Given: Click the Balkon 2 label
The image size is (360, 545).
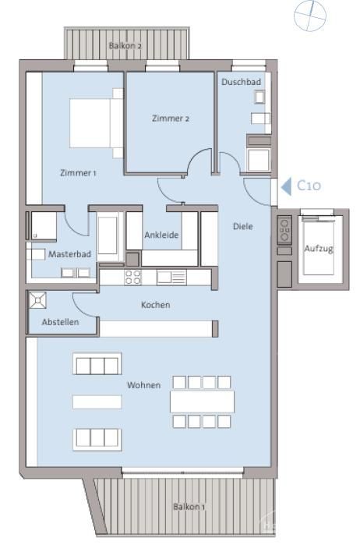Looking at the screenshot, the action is [x=125, y=45].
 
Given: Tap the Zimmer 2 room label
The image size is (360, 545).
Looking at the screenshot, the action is [x=171, y=119].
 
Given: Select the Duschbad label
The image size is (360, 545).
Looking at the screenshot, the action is [x=241, y=82].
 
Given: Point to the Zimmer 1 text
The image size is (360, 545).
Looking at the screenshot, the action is [x=78, y=173].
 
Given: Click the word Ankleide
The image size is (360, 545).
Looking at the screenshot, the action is [x=161, y=235].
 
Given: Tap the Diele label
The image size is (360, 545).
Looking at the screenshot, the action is [x=243, y=227].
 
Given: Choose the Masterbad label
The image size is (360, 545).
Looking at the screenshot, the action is [x=69, y=254].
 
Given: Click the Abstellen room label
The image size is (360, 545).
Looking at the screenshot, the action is [x=60, y=322].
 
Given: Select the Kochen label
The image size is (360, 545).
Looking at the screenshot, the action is [x=156, y=305].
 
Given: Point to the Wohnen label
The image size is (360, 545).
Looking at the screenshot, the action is [x=144, y=385].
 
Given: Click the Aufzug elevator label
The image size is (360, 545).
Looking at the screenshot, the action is [x=319, y=249].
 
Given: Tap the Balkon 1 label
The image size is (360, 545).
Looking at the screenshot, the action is [x=189, y=507].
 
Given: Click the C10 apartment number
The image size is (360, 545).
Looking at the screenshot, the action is [x=309, y=186].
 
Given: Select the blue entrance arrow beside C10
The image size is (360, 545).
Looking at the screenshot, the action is [x=286, y=186].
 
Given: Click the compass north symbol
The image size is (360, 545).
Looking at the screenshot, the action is [x=310, y=16].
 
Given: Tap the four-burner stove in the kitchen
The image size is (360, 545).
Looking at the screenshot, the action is [x=133, y=278].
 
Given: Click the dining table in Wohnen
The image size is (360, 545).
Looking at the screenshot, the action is [x=203, y=402].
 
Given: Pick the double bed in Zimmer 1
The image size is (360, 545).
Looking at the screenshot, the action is [x=97, y=123].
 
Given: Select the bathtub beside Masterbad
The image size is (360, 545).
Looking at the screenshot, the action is [x=108, y=235].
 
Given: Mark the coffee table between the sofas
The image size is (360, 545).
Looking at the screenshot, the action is [x=97, y=402].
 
